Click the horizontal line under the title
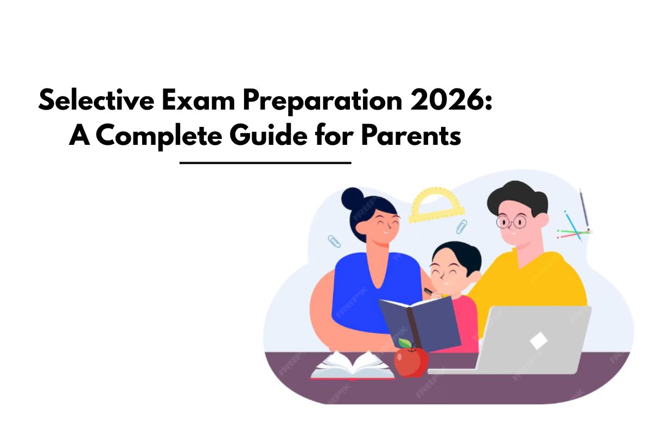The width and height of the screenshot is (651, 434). click(x=265, y=162)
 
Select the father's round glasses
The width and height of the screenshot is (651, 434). click(x=511, y=221)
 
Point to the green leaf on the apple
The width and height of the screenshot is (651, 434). click(x=405, y=343)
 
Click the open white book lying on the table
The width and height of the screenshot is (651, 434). click(x=353, y=365)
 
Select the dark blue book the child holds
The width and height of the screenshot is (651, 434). click(x=420, y=324)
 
